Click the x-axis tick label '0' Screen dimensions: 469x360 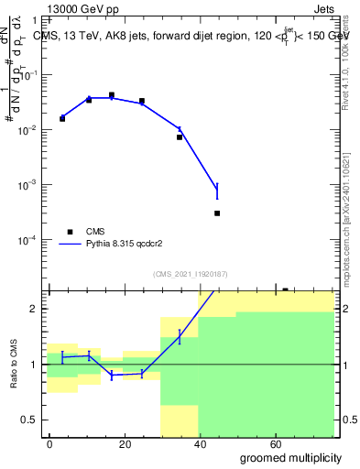49,443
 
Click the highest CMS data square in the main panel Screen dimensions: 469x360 112,94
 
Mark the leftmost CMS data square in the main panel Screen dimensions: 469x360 62,118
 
